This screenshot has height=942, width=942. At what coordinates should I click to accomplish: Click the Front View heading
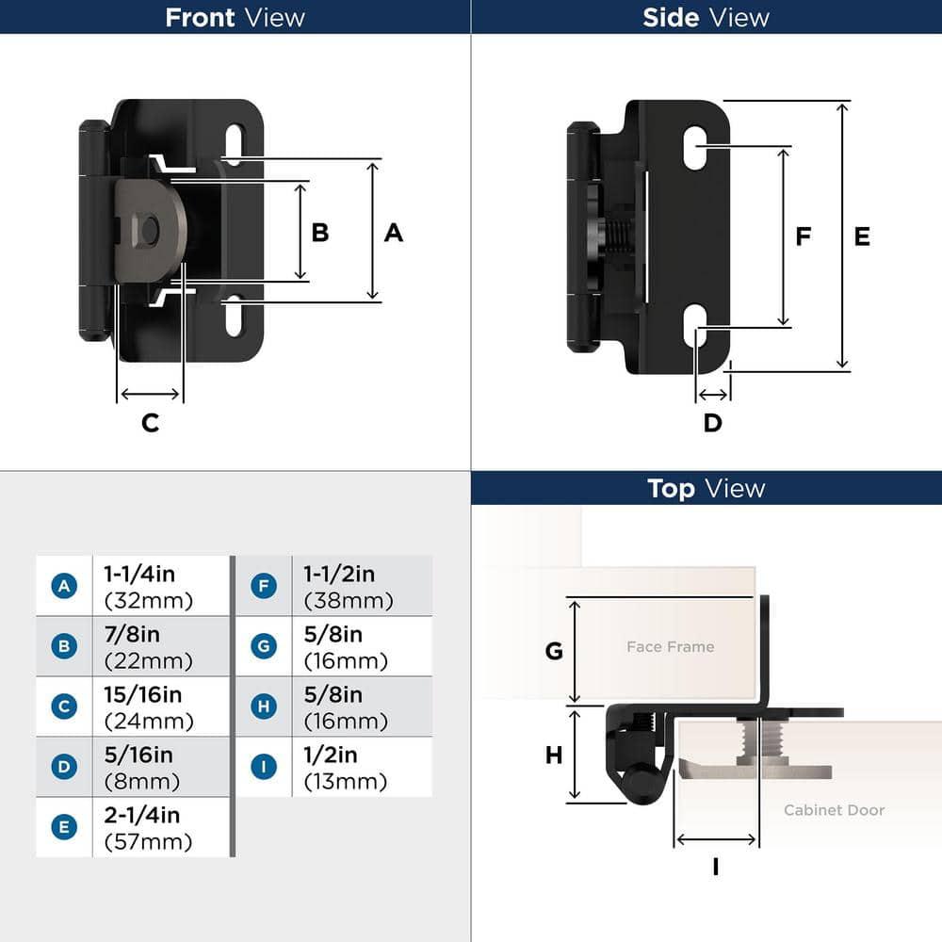[235, 17]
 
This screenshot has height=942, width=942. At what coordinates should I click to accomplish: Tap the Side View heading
[706, 17]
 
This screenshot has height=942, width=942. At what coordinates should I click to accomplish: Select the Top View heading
[706, 488]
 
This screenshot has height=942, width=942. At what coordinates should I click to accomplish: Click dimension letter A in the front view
[393, 232]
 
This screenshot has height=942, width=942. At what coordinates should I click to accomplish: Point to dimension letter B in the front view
[320, 232]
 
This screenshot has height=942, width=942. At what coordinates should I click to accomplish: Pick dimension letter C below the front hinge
[150, 423]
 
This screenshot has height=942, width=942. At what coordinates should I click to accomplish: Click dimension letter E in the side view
[862, 236]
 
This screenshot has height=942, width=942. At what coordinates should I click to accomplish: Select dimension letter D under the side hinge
[712, 423]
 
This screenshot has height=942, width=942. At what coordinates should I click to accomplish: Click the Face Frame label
[670, 646]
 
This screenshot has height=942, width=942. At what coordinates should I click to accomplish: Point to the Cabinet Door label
[834, 809]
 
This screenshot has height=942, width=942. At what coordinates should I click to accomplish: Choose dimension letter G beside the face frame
[554, 650]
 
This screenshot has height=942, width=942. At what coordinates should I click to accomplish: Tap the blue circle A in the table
[63, 586]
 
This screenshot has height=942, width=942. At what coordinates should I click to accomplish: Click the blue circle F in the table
[264, 586]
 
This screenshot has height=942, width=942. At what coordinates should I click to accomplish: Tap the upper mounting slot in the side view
[695, 147]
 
